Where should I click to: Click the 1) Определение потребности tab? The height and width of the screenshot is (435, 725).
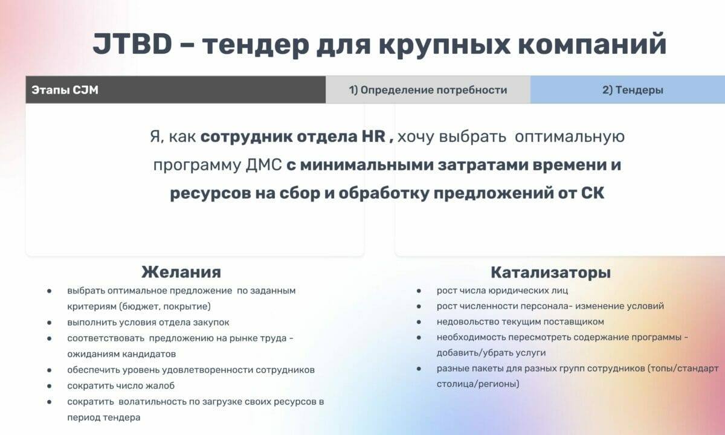428,90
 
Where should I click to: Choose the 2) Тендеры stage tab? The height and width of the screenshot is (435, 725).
632,90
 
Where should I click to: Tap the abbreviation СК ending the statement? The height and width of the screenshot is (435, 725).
591,193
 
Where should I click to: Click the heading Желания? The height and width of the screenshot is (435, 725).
181,271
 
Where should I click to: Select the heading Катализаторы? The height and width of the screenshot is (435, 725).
550,272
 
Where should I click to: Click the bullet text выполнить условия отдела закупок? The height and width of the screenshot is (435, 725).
148,322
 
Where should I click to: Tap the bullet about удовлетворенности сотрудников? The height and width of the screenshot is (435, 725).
191,369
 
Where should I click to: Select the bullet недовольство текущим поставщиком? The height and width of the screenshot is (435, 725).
520,321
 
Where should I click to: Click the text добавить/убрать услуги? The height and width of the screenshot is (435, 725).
483,352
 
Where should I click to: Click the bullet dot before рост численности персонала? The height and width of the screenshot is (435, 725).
419,306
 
